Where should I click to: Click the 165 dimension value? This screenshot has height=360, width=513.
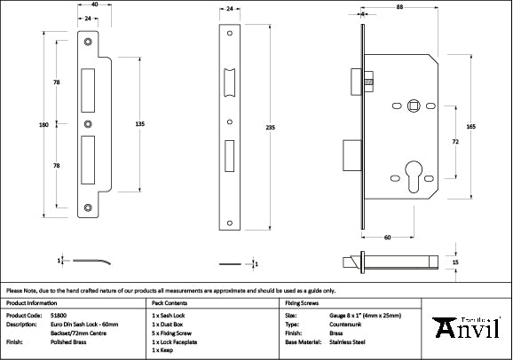tap(470, 127)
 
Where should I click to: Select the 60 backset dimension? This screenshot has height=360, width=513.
tap(388, 238)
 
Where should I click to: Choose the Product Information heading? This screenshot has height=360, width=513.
tap(32, 303)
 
